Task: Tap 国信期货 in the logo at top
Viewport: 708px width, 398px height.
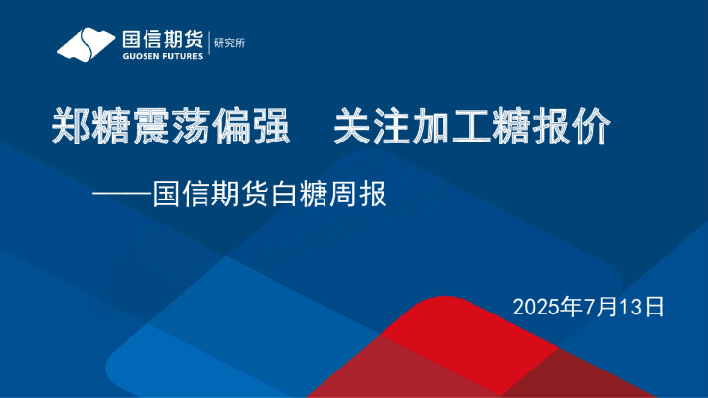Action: point(161,40)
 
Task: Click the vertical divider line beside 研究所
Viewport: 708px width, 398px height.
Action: point(208,43)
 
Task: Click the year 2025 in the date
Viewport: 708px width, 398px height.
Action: point(533,307)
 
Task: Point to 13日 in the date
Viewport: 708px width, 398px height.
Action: point(642,307)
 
